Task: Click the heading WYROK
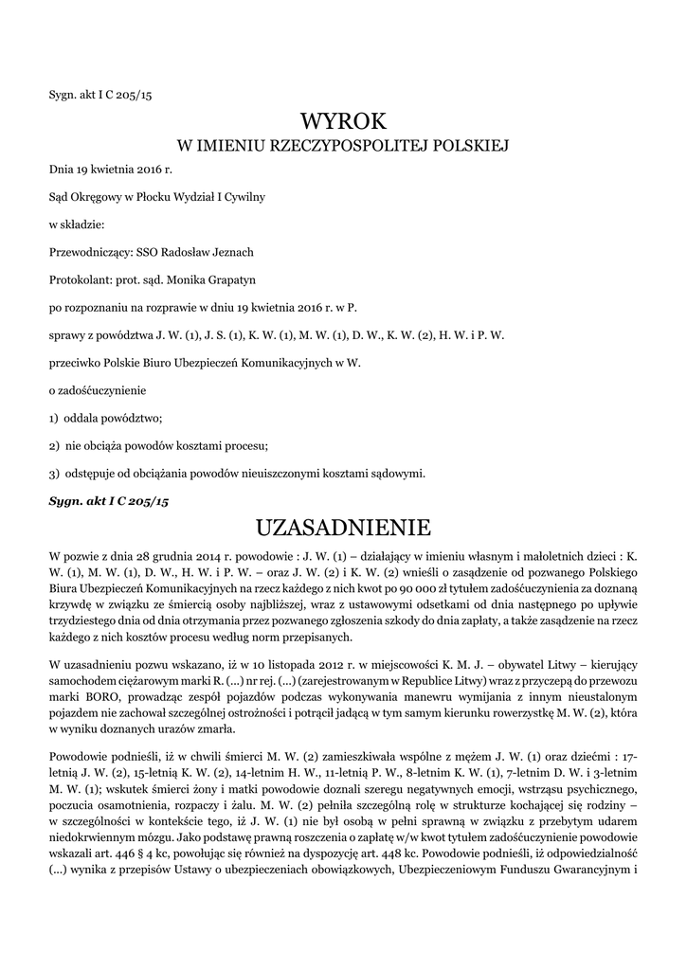point(343,122)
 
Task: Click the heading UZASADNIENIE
point(343,527)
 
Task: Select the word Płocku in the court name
point(159,197)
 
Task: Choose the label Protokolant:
point(80,279)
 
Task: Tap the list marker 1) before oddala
point(54,418)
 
